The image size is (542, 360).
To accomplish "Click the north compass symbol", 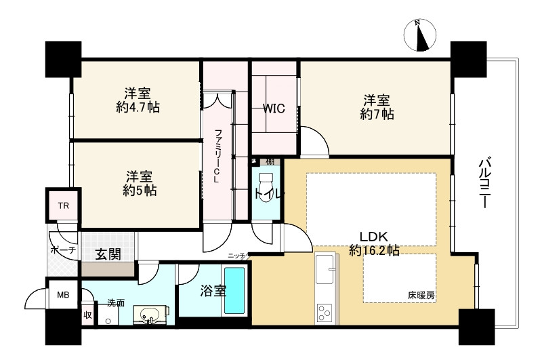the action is pyautogui.click(x=420, y=35).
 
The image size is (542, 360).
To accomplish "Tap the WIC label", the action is pyautogui.click(x=274, y=108).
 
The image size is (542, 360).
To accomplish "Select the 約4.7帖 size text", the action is pyautogui.click(x=138, y=108).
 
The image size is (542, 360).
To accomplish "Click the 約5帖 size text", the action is pyautogui.click(x=140, y=191).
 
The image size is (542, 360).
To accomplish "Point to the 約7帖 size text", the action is pyautogui.click(x=377, y=114).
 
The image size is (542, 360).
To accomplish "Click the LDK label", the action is pyautogui.click(x=374, y=237).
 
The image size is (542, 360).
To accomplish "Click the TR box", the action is pyautogui.click(x=63, y=206).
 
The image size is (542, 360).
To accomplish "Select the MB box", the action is pyautogui.click(x=63, y=295).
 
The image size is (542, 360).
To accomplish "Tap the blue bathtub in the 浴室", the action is pyautogui.click(x=234, y=289).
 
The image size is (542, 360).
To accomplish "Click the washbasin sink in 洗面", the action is pyautogui.click(x=150, y=315).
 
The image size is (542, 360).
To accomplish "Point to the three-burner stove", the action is pyautogui.click(x=325, y=313).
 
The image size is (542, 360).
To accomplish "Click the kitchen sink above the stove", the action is pyautogui.click(x=325, y=268).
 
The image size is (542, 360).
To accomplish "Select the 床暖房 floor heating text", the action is pyautogui.click(x=421, y=296).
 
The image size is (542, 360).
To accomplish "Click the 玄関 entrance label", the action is pyautogui.click(x=108, y=254).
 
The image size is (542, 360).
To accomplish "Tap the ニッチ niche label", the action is pyautogui.click(x=236, y=256).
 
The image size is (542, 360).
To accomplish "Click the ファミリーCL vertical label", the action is pyautogui.click(x=217, y=156).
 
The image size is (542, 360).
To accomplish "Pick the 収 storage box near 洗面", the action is pyautogui.click(x=87, y=315).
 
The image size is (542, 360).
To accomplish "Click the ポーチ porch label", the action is pyautogui.click(x=63, y=249).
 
